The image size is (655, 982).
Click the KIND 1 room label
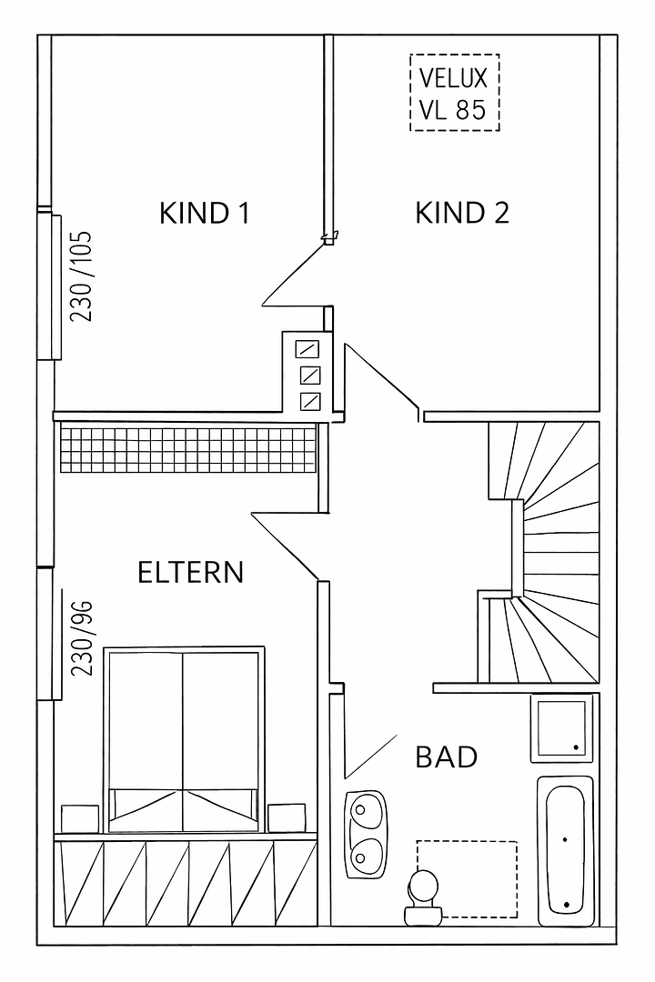tap(204, 213)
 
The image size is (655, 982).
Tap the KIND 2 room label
tap(461, 213)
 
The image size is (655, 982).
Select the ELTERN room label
tap(190, 573)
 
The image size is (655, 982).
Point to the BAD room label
tap(446, 757)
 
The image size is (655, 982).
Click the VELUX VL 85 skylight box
tap(454, 92)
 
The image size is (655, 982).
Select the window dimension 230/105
tap(83, 276)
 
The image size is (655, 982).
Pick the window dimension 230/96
tap(83, 636)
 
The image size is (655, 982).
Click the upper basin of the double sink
tap(367, 809)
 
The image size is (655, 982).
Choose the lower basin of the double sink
tap(367, 853)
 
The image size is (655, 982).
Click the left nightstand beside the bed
tap(79, 817)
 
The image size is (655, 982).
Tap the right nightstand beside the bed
tap(287, 817)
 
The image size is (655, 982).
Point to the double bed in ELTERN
tap(184, 736)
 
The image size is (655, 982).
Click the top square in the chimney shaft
tap(308, 349)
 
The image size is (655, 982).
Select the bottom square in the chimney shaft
tap(308, 400)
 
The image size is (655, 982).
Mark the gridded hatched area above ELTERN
tap(187, 449)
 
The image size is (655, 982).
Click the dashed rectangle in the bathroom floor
tap(467, 878)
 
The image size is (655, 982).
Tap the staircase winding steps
tap(546, 555)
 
